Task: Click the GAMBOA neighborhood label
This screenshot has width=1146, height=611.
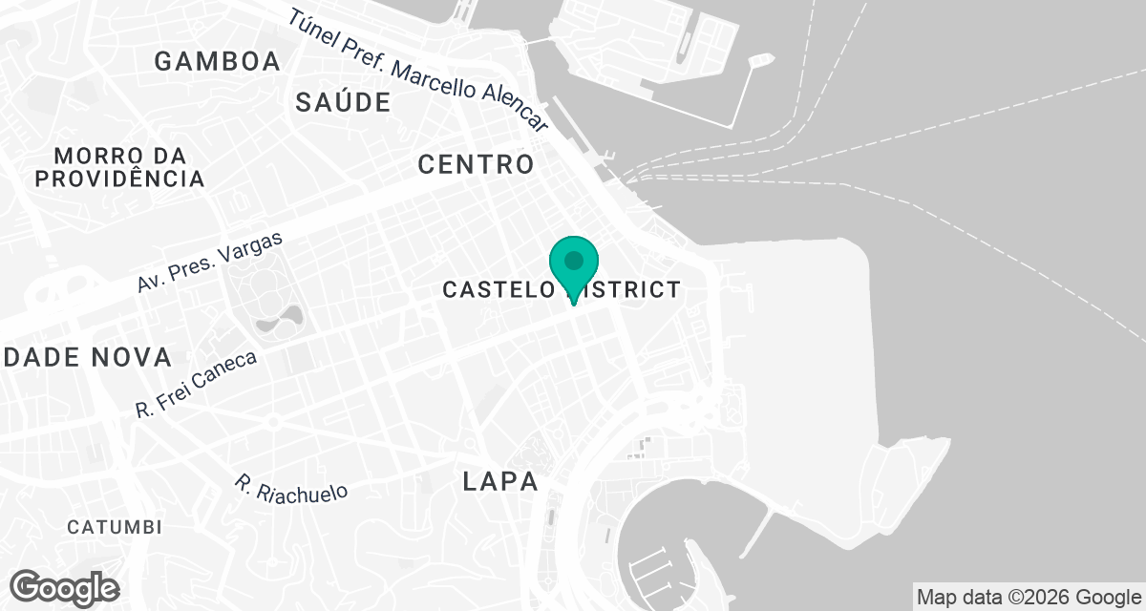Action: (x=218, y=62)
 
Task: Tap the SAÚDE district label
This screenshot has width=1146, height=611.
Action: (x=343, y=103)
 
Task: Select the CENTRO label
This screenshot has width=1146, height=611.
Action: (x=476, y=164)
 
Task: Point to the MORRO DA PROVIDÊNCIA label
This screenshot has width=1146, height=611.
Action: (x=118, y=167)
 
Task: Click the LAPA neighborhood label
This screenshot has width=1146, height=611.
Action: (x=499, y=482)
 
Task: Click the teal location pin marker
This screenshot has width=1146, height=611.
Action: (x=573, y=263)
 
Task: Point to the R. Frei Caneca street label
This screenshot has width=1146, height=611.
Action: (x=196, y=384)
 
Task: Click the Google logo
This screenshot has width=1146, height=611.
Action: (x=64, y=587)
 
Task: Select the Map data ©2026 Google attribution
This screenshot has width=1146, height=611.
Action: (x=1028, y=598)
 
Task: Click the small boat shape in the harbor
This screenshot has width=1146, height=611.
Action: (x=759, y=60)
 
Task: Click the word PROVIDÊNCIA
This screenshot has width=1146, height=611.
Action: (x=118, y=179)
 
